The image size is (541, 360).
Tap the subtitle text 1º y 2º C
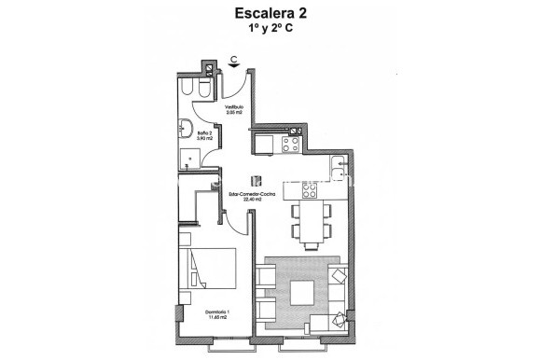click(270, 29)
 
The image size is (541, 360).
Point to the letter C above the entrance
click(233, 61)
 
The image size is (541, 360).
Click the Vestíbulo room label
click(233, 107)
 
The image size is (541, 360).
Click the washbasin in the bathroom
click(186, 131)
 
